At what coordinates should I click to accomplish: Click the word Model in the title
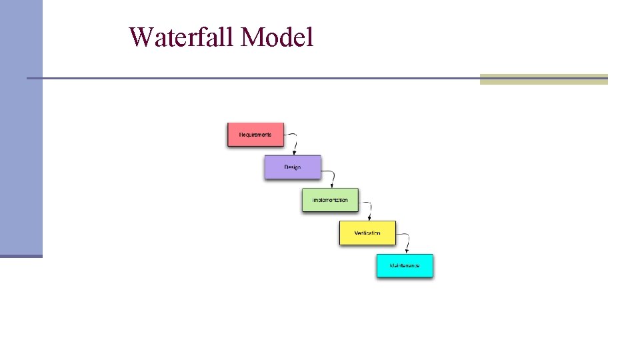277,37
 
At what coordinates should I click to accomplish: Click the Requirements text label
255,135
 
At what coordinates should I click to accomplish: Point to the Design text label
293,167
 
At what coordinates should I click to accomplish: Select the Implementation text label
330,200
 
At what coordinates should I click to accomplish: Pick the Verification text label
367,233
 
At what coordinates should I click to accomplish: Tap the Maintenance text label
405,266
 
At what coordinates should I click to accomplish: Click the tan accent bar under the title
543,79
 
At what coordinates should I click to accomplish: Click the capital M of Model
251,37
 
